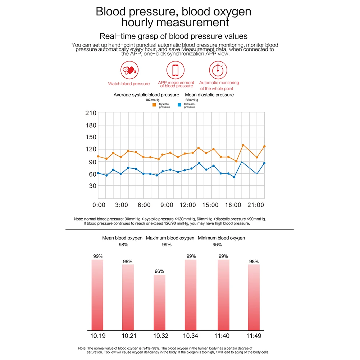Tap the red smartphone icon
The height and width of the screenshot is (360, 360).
click(x=176, y=70)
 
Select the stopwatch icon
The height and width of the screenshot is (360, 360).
click(x=219, y=70)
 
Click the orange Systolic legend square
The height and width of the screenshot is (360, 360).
click(x=154, y=105)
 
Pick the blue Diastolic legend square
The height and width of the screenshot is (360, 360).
click(x=179, y=105)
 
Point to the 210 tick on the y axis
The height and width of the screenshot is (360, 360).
click(x=91, y=113)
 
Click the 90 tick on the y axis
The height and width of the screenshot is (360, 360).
click(x=92, y=162)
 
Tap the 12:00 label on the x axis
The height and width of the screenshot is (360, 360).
click(x=188, y=205)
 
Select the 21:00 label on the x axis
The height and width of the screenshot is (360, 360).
click(x=255, y=205)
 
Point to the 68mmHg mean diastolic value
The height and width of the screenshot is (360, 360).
click(x=192, y=100)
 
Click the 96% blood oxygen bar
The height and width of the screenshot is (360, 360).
click(x=159, y=302)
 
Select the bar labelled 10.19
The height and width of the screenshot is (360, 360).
click(x=97, y=295)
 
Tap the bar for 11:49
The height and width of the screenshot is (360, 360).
click(x=254, y=297)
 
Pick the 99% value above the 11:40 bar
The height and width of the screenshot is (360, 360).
click(x=223, y=256)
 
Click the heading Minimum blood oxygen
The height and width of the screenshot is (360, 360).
click(x=221, y=238)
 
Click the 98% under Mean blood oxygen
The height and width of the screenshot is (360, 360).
click(x=123, y=245)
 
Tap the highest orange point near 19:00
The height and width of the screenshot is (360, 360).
click(x=243, y=145)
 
